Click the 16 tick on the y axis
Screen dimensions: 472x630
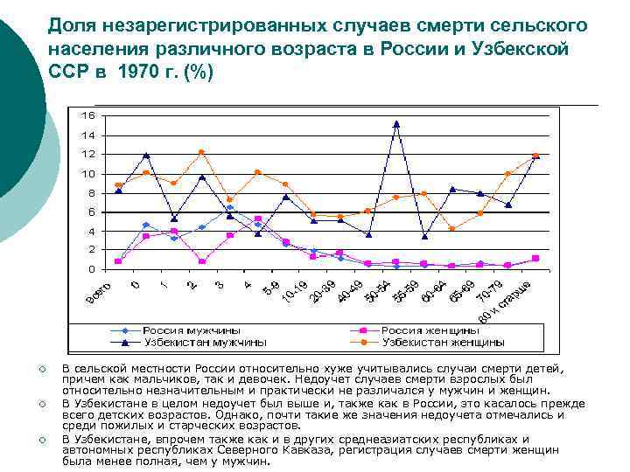(x=88, y=115)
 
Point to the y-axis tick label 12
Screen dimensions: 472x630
(x=88, y=154)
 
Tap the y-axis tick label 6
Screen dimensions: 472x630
(x=91, y=212)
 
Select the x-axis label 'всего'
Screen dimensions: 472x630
(x=99, y=295)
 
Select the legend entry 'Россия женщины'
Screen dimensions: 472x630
(x=430, y=331)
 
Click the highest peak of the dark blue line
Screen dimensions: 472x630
(x=396, y=124)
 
